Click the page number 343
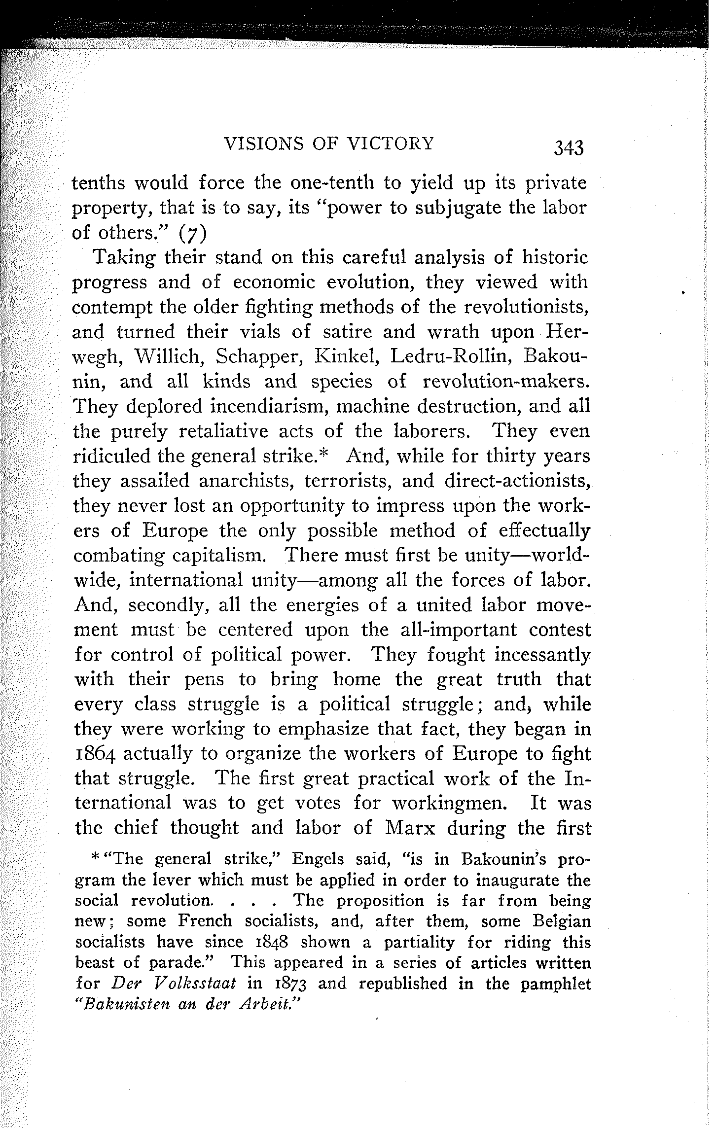click(569, 147)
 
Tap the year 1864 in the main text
click(96, 755)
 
